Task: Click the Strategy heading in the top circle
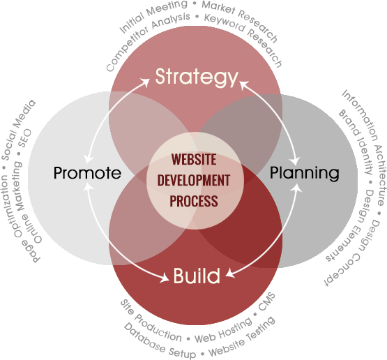coord(197,77)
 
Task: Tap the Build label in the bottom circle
coord(197,276)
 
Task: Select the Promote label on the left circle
coord(87,172)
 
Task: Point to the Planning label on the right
coord(304,173)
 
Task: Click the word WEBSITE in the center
coord(194,159)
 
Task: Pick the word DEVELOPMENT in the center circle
coord(194,180)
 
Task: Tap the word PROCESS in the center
coord(194,201)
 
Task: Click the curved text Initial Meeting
coord(152,15)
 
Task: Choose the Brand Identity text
coord(356,142)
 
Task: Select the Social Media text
coord(17,130)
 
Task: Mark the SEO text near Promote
coord(25,137)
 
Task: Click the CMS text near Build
coord(266,301)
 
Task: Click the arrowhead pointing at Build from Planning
coord(230,273)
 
